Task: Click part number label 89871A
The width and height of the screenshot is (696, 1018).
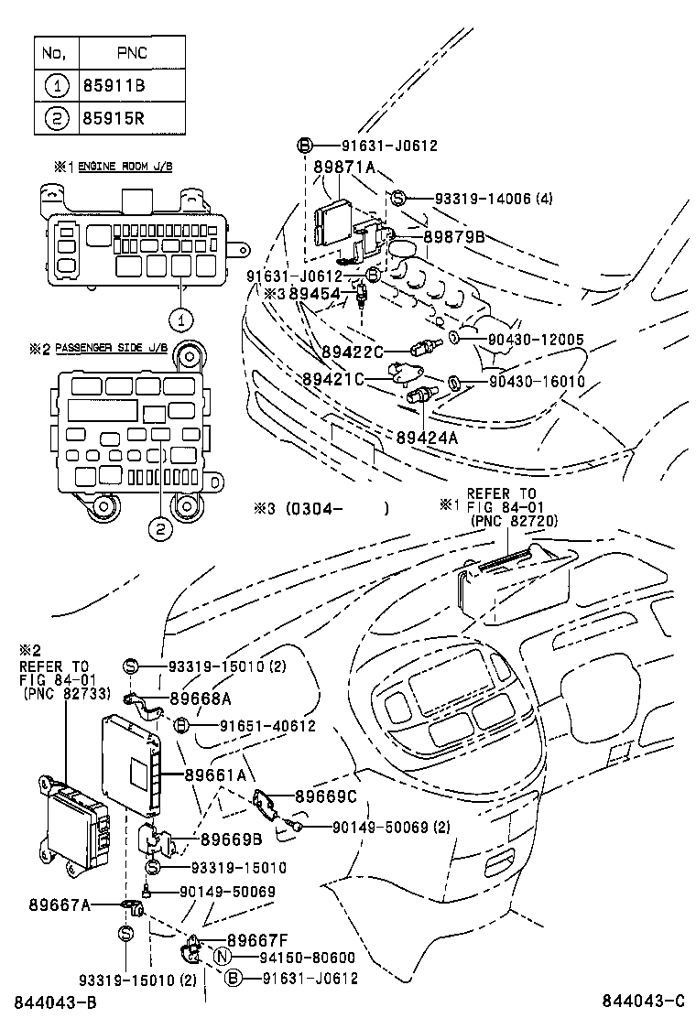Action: pos(344,167)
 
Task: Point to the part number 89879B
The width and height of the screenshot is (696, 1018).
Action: pos(454,237)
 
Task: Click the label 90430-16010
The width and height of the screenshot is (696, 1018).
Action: pos(536,381)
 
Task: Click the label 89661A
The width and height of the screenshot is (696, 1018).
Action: pos(215,774)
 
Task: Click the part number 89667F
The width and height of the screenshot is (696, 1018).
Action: pos(258,939)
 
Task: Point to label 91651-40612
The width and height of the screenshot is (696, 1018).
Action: pos(267,726)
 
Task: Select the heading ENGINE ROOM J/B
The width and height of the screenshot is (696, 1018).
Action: pos(125,167)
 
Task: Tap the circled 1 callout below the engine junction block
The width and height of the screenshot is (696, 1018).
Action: pos(181,319)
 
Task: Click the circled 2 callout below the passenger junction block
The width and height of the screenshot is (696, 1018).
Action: pos(159,527)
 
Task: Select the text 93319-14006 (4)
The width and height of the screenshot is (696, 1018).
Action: pos(481,198)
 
